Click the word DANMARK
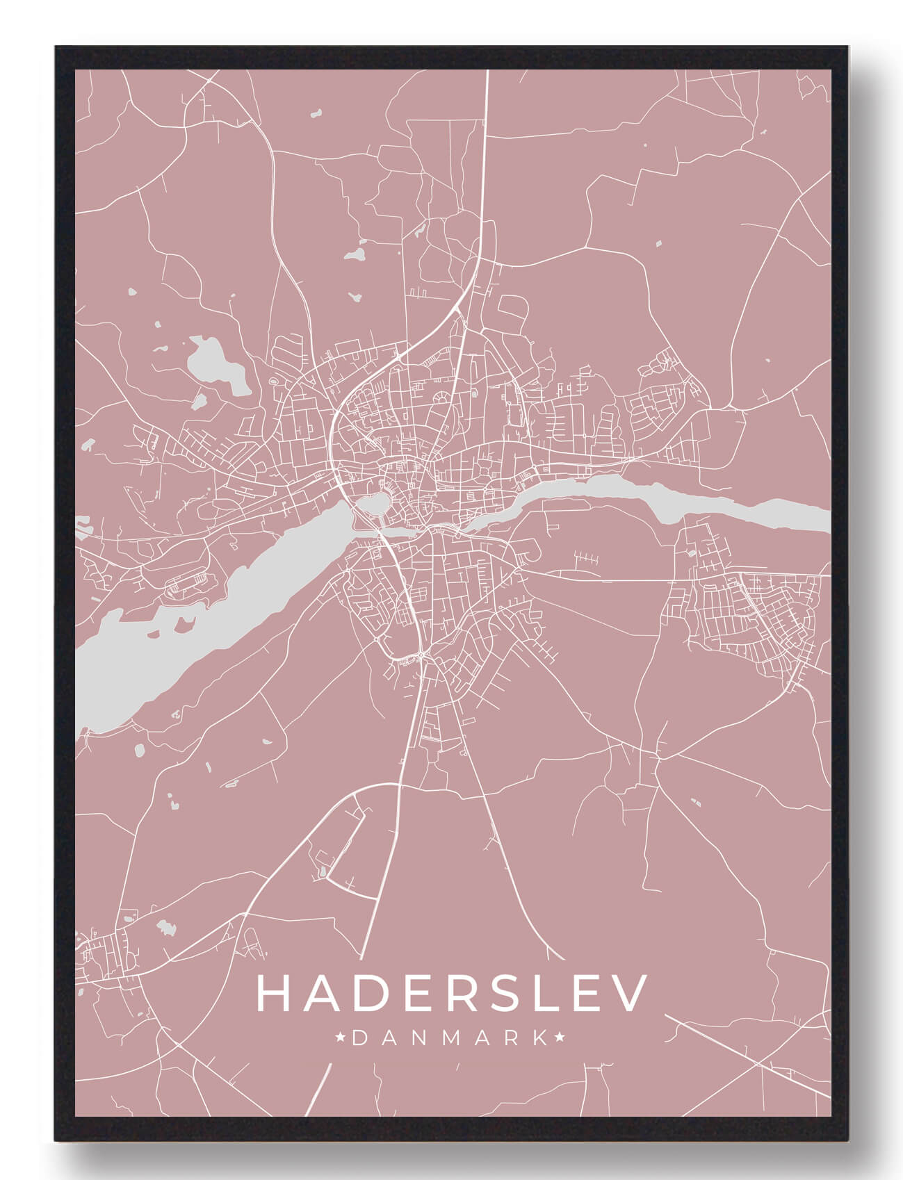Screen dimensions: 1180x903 450,1038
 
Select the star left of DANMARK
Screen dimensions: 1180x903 341,1038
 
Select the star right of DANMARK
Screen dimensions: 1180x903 560,1038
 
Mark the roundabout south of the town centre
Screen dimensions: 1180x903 423,655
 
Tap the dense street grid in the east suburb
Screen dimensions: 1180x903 751,618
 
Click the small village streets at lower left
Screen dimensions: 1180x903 104,959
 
